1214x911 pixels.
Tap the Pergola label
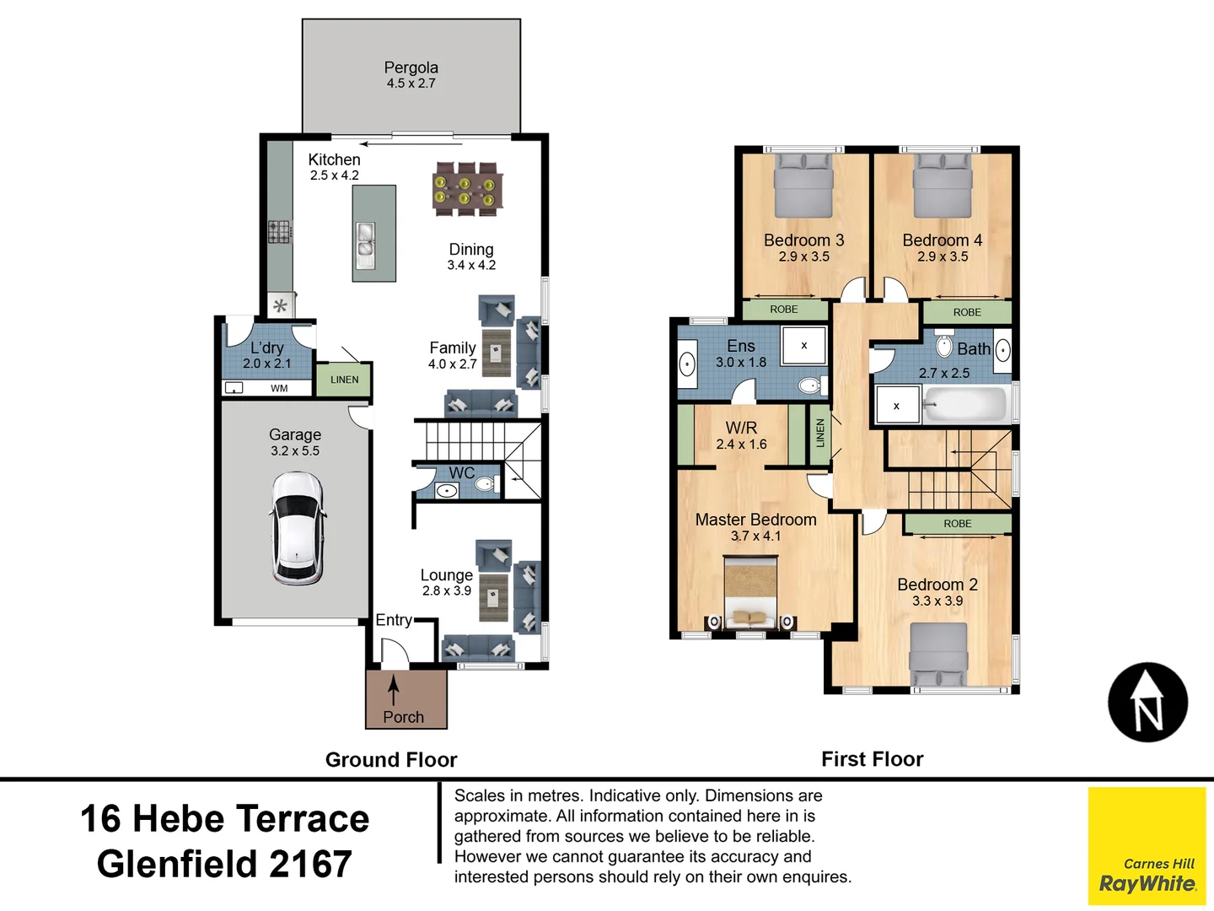[x=411, y=67]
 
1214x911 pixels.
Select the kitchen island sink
[x=365, y=245]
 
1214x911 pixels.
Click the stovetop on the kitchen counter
[x=280, y=232]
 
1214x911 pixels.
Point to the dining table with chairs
[x=467, y=189]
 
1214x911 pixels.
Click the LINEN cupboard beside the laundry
[x=344, y=380]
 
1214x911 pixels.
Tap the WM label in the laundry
[x=279, y=388]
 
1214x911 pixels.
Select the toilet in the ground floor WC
[x=486, y=484]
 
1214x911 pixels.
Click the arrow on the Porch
[x=393, y=691]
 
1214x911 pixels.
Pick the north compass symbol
[x=1147, y=702]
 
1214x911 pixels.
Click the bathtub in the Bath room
[x=964, y=405]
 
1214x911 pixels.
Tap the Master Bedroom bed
[x=750, y=593]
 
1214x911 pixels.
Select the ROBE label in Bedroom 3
[x=784, y=310]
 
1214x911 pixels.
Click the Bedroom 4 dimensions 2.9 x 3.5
[x=943, y=256]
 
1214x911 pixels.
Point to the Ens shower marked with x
[x=803, y=345]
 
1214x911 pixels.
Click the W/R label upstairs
[x=741, y=428]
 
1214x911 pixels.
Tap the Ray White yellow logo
[x=1147, y=846]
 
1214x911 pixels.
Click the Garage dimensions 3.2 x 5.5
[x=295, y=450]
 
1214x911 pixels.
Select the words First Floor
[x=873, y=759]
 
